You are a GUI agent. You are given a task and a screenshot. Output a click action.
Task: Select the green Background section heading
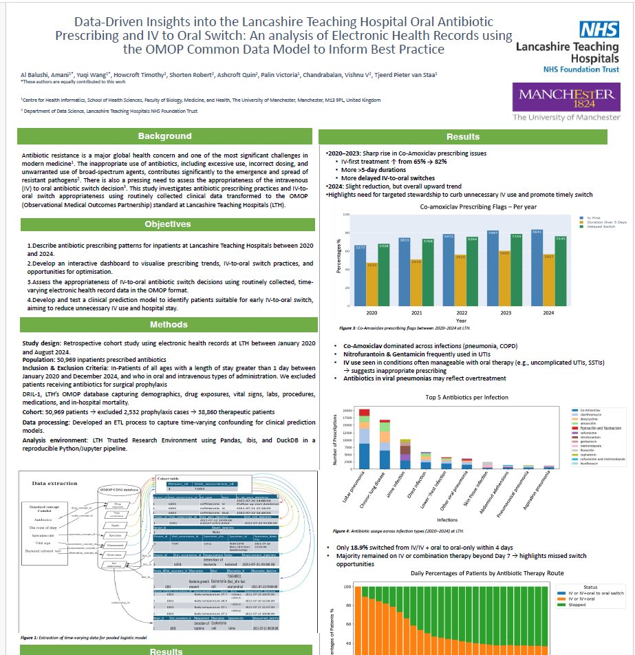tap(164, 136)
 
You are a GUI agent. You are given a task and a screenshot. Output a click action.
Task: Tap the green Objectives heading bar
tap(164, 224)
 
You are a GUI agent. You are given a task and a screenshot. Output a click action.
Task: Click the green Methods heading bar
tap(164, 325)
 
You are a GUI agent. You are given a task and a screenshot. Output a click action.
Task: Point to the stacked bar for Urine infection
tap(405, 453)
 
